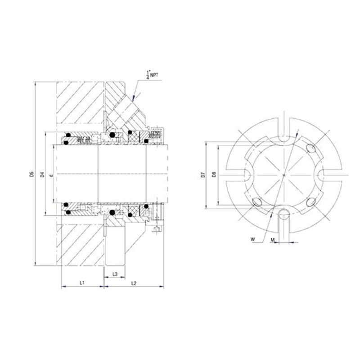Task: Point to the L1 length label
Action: (x=82, y=283)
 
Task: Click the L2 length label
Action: (x=134, y=283)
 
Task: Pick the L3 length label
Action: (x=115, y=274)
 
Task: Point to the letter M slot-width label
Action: (x=273, y=240)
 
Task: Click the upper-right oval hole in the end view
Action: (x=310, y=148)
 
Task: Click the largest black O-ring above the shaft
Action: (x=112, y=135)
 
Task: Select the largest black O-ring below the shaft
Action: (x=112, y=211)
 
